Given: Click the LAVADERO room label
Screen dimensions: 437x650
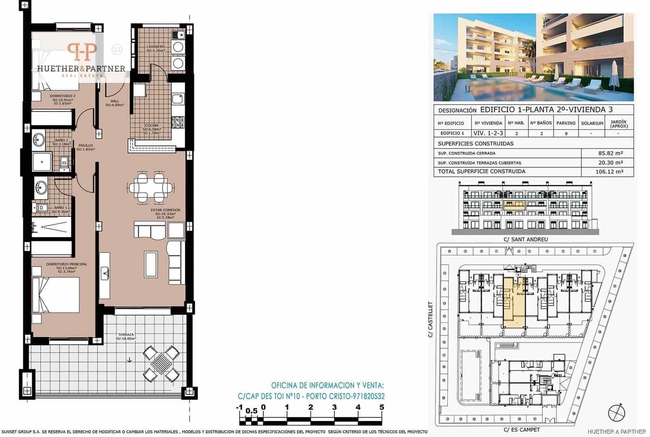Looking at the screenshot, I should (x=156, y=47).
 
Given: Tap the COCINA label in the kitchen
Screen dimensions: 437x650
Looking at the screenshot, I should (x=152, y=126).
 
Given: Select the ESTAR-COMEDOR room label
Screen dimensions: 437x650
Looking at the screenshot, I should (x=165, y=210).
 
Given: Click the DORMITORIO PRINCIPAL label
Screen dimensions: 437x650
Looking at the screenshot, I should (x=67, y=264).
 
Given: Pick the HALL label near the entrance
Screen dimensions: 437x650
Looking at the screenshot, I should (x=115, y=101).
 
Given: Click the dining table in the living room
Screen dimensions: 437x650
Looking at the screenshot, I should (x=151, y=188).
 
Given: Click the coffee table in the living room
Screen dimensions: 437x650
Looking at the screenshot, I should (x=151, y=264).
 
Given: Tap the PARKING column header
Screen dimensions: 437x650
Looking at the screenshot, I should (x=566, y=123).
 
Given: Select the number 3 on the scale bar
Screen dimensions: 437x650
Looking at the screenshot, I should (x=334, y=408).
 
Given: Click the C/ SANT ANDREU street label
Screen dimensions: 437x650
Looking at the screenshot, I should (x=526, y=239).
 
